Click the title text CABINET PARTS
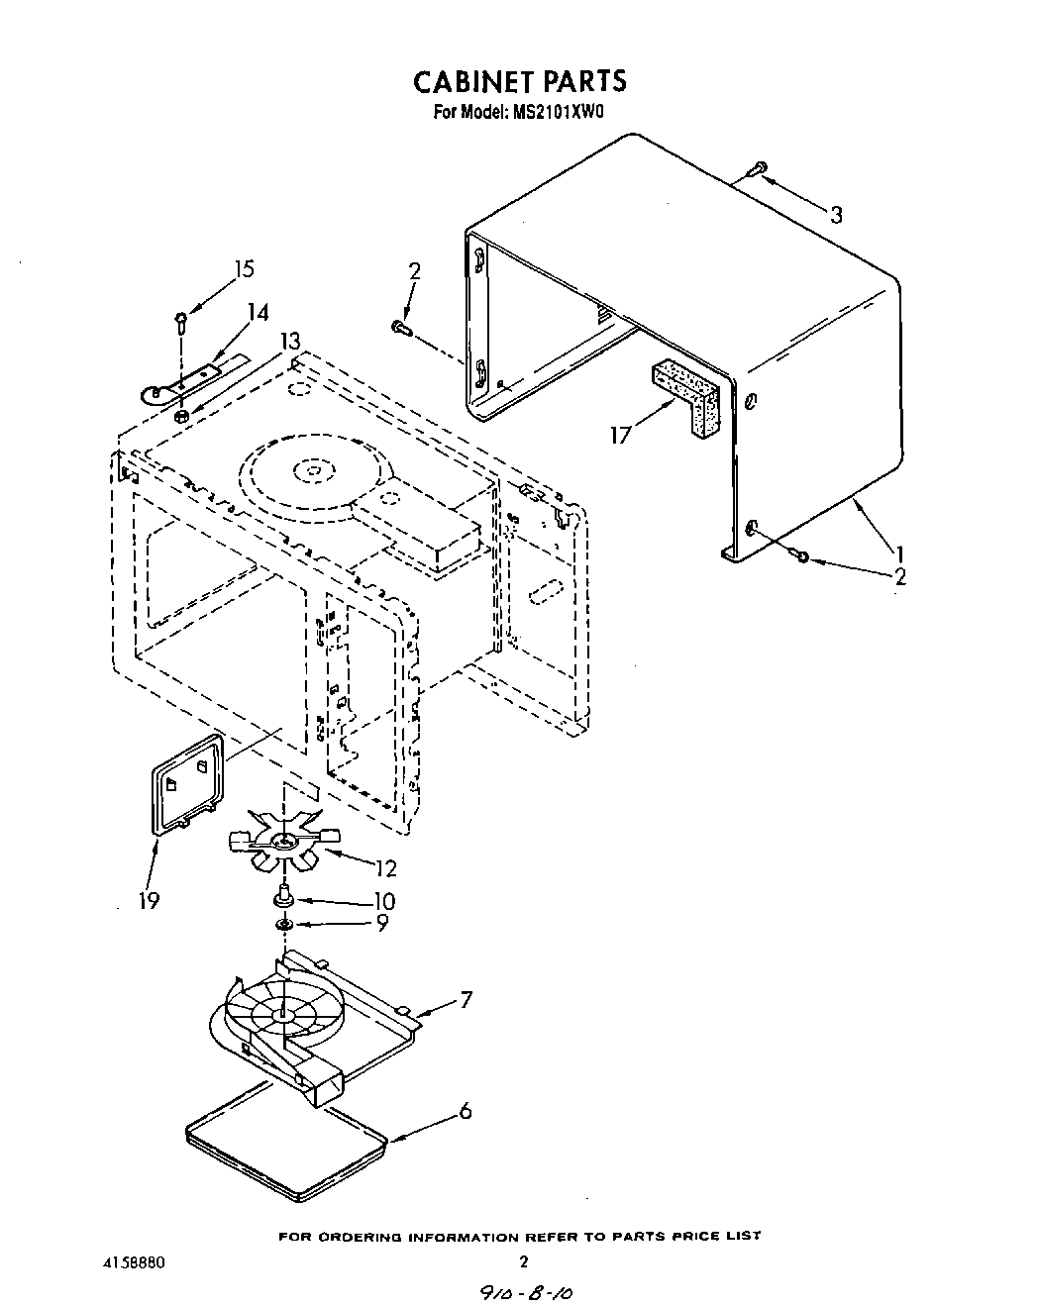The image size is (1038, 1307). [x=519, y=79]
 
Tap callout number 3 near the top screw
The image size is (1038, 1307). [x=836, y=215]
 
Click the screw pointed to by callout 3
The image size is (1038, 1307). [x=757, y=168]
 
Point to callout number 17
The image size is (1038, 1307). [x=621, y=434]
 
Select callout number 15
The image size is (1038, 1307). [x=243, y=269]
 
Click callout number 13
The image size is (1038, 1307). [x=289, y=341]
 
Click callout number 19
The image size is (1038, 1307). [x=150, y=900]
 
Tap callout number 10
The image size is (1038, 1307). [x=382, y=901]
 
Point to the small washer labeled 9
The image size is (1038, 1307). [x=283, y=924]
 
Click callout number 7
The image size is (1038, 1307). [x=466, y=999]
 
